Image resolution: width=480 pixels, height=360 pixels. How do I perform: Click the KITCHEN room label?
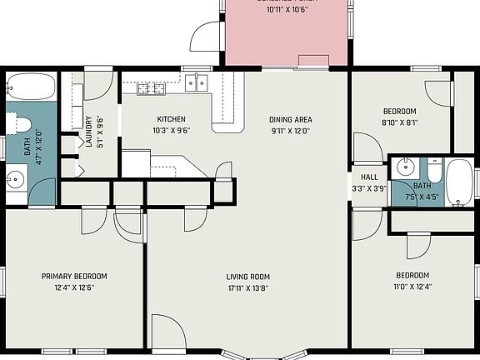click(171, 119)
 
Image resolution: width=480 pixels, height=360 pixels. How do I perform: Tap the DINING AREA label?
click(290, 119)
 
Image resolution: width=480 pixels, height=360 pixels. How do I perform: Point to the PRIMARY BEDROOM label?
click(74, 276)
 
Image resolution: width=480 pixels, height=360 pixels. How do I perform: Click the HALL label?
click(368, 177)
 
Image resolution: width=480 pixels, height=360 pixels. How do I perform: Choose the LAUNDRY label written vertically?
click(88, 131)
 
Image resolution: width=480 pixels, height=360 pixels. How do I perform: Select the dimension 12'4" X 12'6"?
click(74, 287)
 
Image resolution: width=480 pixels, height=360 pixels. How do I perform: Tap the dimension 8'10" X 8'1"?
click(400, 122)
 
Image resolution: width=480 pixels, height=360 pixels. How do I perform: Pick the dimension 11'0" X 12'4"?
click(412, 287)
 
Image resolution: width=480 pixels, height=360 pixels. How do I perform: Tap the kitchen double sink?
click(197, 82)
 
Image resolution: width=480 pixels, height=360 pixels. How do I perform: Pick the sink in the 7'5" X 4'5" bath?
click(404, 164)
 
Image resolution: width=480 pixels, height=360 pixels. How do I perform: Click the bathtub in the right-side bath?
click(459, 182)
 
